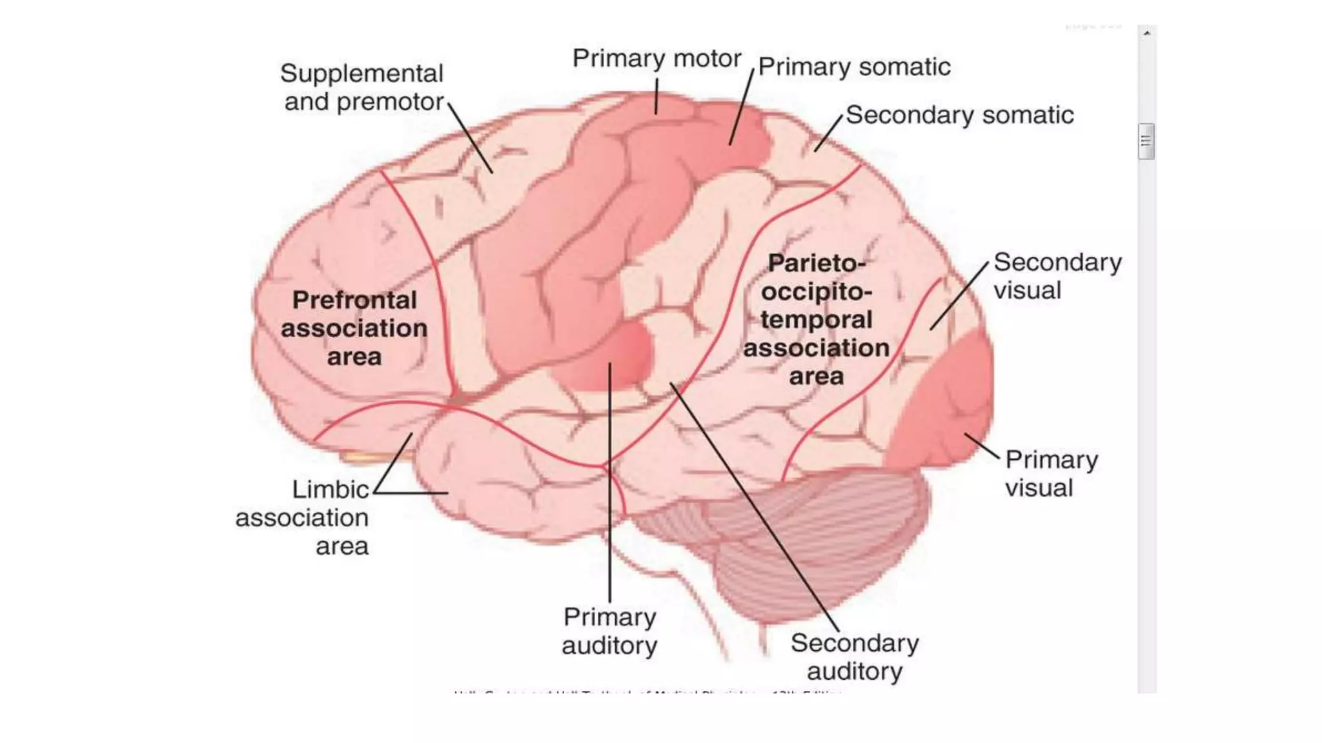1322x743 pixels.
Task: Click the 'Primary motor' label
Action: click(x=656, y=59)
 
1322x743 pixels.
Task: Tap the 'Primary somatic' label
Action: click(x=854, y=67)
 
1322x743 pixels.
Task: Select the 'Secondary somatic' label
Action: click(x=959, y=115)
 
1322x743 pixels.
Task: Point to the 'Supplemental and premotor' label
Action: click(x=363, y=88)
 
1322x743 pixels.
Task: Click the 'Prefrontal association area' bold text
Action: click(x=354, y=328)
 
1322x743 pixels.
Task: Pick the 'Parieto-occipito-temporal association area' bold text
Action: click(x=817, y=319)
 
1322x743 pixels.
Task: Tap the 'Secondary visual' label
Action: click(x=1057, y=276)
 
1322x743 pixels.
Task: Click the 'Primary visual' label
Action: click(x=1051, y=473)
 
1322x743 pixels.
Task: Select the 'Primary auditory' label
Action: click(x=609, y=631)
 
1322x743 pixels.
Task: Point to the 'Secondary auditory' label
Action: click(x=855, y=657)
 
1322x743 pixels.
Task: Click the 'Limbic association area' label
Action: click(x=303, y=517)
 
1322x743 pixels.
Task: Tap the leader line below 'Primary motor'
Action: click(x=656, y=97)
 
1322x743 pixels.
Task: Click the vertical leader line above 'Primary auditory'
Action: click(x=610, y=484)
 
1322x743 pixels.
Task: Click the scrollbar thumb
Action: click(x=1146, y=141)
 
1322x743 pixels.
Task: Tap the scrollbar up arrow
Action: click(x=1147, y=33)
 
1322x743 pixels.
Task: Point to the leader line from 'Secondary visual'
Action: click(x=959, y=296)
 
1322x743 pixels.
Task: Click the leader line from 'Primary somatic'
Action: click(x=742, y=106)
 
